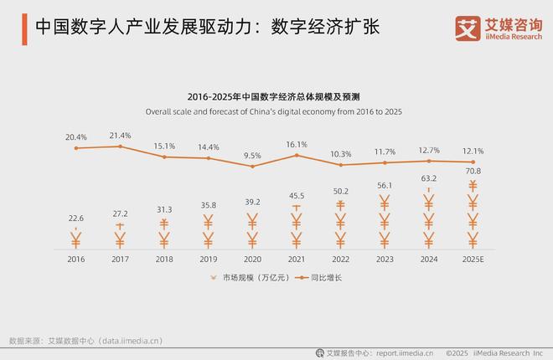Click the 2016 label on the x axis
pos(76,260)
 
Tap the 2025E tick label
pos(473,260)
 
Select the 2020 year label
pos(252,260)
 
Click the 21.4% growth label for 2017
pos(120,136)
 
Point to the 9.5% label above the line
pos(252,155)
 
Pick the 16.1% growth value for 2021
pos(297,144)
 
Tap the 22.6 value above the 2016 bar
pos(76,219)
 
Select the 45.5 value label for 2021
pos(297,196)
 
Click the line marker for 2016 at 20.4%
pos(76,148)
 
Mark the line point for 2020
pos(252,167)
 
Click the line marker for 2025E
pos(473,162)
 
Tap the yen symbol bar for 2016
pos(76,241)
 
